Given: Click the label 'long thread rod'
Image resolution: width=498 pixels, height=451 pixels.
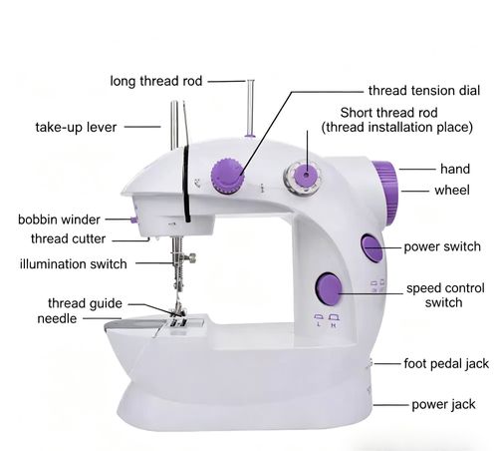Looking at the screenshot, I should point(158,82).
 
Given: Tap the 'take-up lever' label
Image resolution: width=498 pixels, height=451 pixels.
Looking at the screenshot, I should point(77,127).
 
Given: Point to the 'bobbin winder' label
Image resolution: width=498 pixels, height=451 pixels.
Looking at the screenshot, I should point(58,219).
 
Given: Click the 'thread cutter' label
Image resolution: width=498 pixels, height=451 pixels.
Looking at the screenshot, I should point(68,238).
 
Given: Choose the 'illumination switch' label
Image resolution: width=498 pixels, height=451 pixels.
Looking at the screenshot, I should point(74,263).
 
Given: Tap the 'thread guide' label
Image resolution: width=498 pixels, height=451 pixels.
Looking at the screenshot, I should point(85,302).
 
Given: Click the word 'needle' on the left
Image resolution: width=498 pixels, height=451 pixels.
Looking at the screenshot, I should point(58,318).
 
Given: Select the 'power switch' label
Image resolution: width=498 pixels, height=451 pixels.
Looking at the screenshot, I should point(441,246).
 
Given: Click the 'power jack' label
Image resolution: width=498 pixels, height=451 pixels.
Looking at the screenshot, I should point(451,405).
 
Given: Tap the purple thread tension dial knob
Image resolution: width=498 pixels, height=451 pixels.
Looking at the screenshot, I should point(229,179).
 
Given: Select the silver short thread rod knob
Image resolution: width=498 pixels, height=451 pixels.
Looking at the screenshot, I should point(301,179).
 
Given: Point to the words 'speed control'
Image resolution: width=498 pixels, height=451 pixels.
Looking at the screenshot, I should point(445,288).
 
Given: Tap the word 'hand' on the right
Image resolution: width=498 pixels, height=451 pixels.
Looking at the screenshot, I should point(455,169).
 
